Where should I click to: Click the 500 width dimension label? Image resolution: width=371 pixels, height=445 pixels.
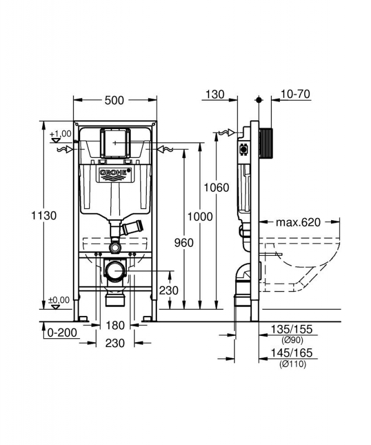click(x=115, y=100)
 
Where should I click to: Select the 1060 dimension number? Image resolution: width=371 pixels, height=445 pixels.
click(x=216, y=187)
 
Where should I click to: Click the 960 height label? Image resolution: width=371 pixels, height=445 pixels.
click(x=183, y=243)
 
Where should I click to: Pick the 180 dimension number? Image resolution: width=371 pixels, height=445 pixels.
click(x=115, y=324)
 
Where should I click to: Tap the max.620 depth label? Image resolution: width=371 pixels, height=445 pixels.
click(x=299, y=222)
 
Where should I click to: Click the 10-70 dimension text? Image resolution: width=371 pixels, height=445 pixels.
click(x=295, y=94)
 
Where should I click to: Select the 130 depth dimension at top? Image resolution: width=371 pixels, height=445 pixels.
click(x=215, y=94)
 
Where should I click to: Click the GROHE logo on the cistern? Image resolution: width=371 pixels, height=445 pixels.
click(x=115, y=173)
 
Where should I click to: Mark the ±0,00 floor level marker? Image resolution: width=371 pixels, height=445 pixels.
click(x=60, y=300)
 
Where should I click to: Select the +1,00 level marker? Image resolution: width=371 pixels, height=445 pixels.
click(x=60, y=133)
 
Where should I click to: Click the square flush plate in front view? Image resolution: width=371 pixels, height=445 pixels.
click(x=115, y=142)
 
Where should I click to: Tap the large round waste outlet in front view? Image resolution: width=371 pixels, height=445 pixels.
click(x=115, y=271)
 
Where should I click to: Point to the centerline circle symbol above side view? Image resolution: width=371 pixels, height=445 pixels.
click(x=258, y=100)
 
